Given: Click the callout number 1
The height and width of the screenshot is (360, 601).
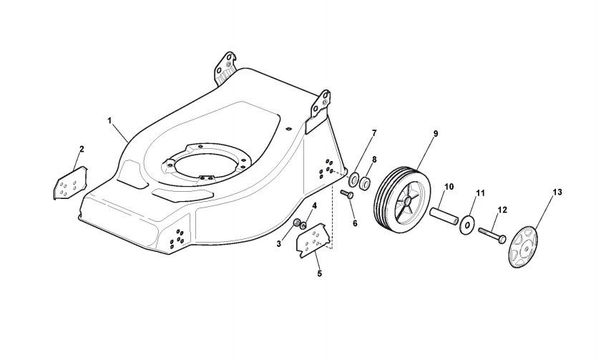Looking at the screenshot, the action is coord(109,120).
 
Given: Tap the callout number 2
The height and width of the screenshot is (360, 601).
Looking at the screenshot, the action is coord(82,149).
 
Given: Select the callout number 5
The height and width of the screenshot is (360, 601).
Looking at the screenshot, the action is coord(319,273).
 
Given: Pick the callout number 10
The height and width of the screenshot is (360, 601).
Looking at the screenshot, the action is coord(449,188).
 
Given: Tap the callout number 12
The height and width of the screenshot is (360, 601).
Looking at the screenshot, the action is coord(502,209).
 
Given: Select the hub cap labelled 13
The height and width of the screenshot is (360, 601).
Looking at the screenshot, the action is coord(528,248).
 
